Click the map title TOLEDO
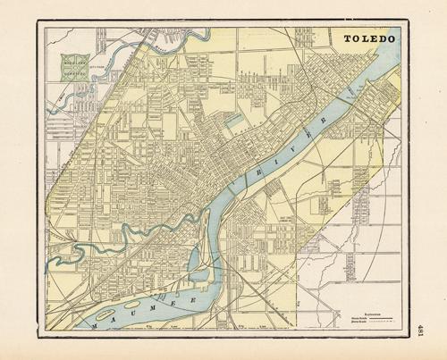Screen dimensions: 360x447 pos(371,40)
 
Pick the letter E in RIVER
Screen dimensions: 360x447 pos(306,135)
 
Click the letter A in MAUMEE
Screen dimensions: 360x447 pos(115,322)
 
